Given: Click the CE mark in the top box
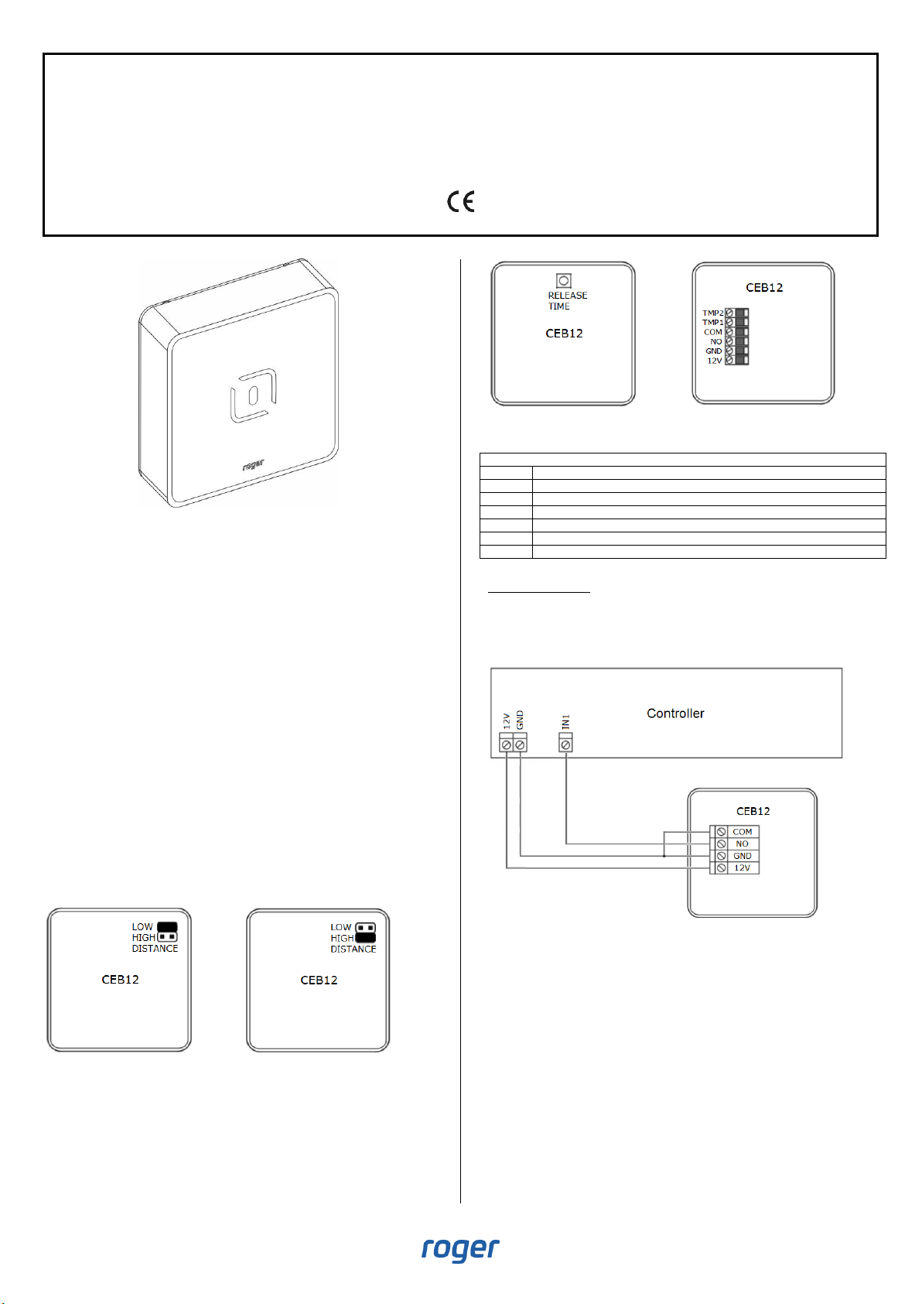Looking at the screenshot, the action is (x=461, y=202).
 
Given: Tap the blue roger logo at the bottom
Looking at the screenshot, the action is (x=460, y=1249).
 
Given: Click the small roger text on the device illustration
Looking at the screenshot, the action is (x=253, y=465).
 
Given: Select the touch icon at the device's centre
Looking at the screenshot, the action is (x=254, y=395).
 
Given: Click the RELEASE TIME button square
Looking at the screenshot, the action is (x=564, y=281).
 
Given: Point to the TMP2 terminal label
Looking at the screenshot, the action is (x=712, y=313).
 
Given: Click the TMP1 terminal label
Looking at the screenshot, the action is (x=712, y=323).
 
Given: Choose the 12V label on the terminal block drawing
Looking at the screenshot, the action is (x=715, y=361).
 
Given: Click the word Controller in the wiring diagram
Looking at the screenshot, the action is (x=675, y=714).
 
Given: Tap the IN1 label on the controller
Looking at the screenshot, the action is (x=566, y=722).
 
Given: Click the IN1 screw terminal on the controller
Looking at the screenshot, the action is (x=566, y=744).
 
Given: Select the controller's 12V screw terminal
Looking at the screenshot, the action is (x=507, y=744).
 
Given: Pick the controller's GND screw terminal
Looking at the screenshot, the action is (x=521, y=744).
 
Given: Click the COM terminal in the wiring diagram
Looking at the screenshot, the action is (x=742, y=832).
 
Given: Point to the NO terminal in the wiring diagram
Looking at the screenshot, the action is (x=742, y=844).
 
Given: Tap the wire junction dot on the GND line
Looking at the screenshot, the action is (x=664, y=857).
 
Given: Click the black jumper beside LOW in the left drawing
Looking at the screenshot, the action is (x=167, y=926).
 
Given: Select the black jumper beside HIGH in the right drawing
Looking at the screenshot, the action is (x=366, y=938).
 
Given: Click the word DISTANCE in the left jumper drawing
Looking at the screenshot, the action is (x=155, y=949).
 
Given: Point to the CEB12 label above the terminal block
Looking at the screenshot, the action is (x=764, y=288).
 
